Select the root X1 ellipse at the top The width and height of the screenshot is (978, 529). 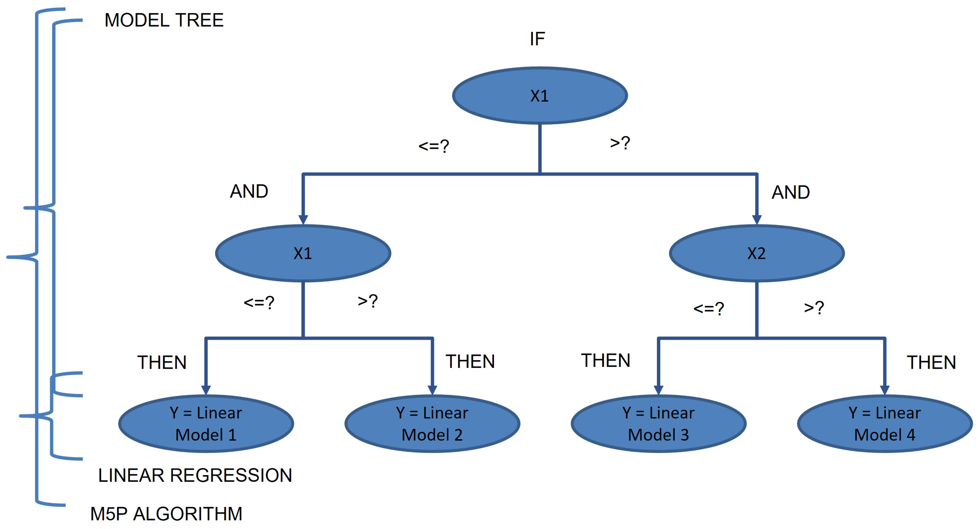[540, 96]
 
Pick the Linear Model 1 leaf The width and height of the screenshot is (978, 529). [206, 423]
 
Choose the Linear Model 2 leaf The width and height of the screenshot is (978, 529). [432, 423]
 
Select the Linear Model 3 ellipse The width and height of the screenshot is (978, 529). [658, 423]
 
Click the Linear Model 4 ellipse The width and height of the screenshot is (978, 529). [885, 423]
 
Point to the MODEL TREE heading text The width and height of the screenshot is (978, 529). [164, 20]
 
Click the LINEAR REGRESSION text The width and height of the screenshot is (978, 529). [195, 475]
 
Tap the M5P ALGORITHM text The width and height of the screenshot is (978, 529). [166, 514]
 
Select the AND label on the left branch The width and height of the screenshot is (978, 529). [249, 191]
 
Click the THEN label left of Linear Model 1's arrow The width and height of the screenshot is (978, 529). [162, 362]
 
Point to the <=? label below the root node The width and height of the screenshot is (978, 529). [434, 146]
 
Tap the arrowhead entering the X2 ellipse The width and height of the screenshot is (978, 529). [757, 220]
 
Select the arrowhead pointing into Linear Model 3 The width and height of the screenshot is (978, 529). [658, 390]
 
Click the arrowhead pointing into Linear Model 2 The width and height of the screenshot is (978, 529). [432, 390]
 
